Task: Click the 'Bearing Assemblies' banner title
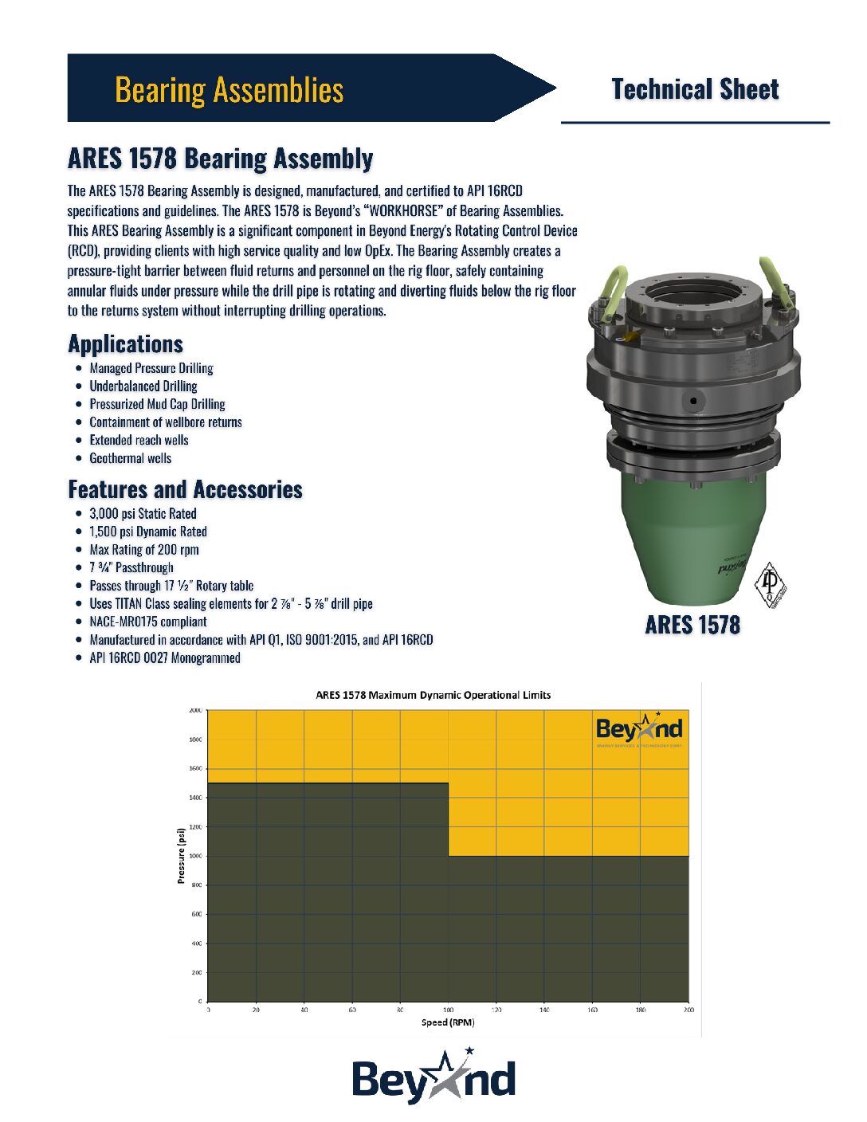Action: tap(229, 90)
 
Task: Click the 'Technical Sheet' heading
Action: tap(695, 89)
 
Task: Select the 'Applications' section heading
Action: tap(126, 344)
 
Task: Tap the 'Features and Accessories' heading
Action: tap(185, 489)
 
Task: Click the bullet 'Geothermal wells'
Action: tap(130, 458)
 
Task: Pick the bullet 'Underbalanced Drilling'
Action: tap(143, 386)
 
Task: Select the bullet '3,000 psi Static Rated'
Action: tap(143, 514)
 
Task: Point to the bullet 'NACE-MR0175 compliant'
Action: tap(148, 622)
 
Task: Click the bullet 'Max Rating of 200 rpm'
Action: tap(144, 550)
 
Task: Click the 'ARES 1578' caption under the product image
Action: tap(692, 625)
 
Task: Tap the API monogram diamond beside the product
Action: tap(770, 586)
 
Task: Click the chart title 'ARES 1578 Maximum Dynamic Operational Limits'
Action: tap(433, 695)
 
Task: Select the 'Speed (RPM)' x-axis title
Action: tap(448, 1022)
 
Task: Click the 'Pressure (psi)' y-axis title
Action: tap(181, 856)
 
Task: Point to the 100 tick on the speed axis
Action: tap(448, 1010)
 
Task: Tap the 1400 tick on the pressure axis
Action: tap(195, 798)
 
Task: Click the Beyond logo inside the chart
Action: tap(639, 729)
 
